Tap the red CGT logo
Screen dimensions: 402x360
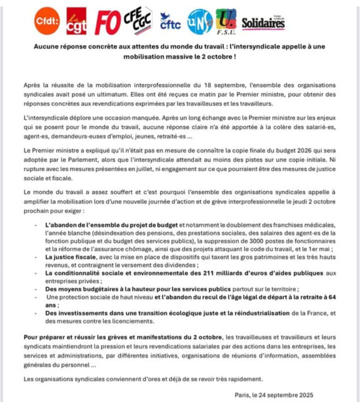tap(76, 21)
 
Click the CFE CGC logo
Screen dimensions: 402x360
tap(138, 20)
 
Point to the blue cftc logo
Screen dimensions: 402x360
tap(170, 21)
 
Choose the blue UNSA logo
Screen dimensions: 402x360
tap(199, 22)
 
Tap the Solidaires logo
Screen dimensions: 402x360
tap(263, 23)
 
